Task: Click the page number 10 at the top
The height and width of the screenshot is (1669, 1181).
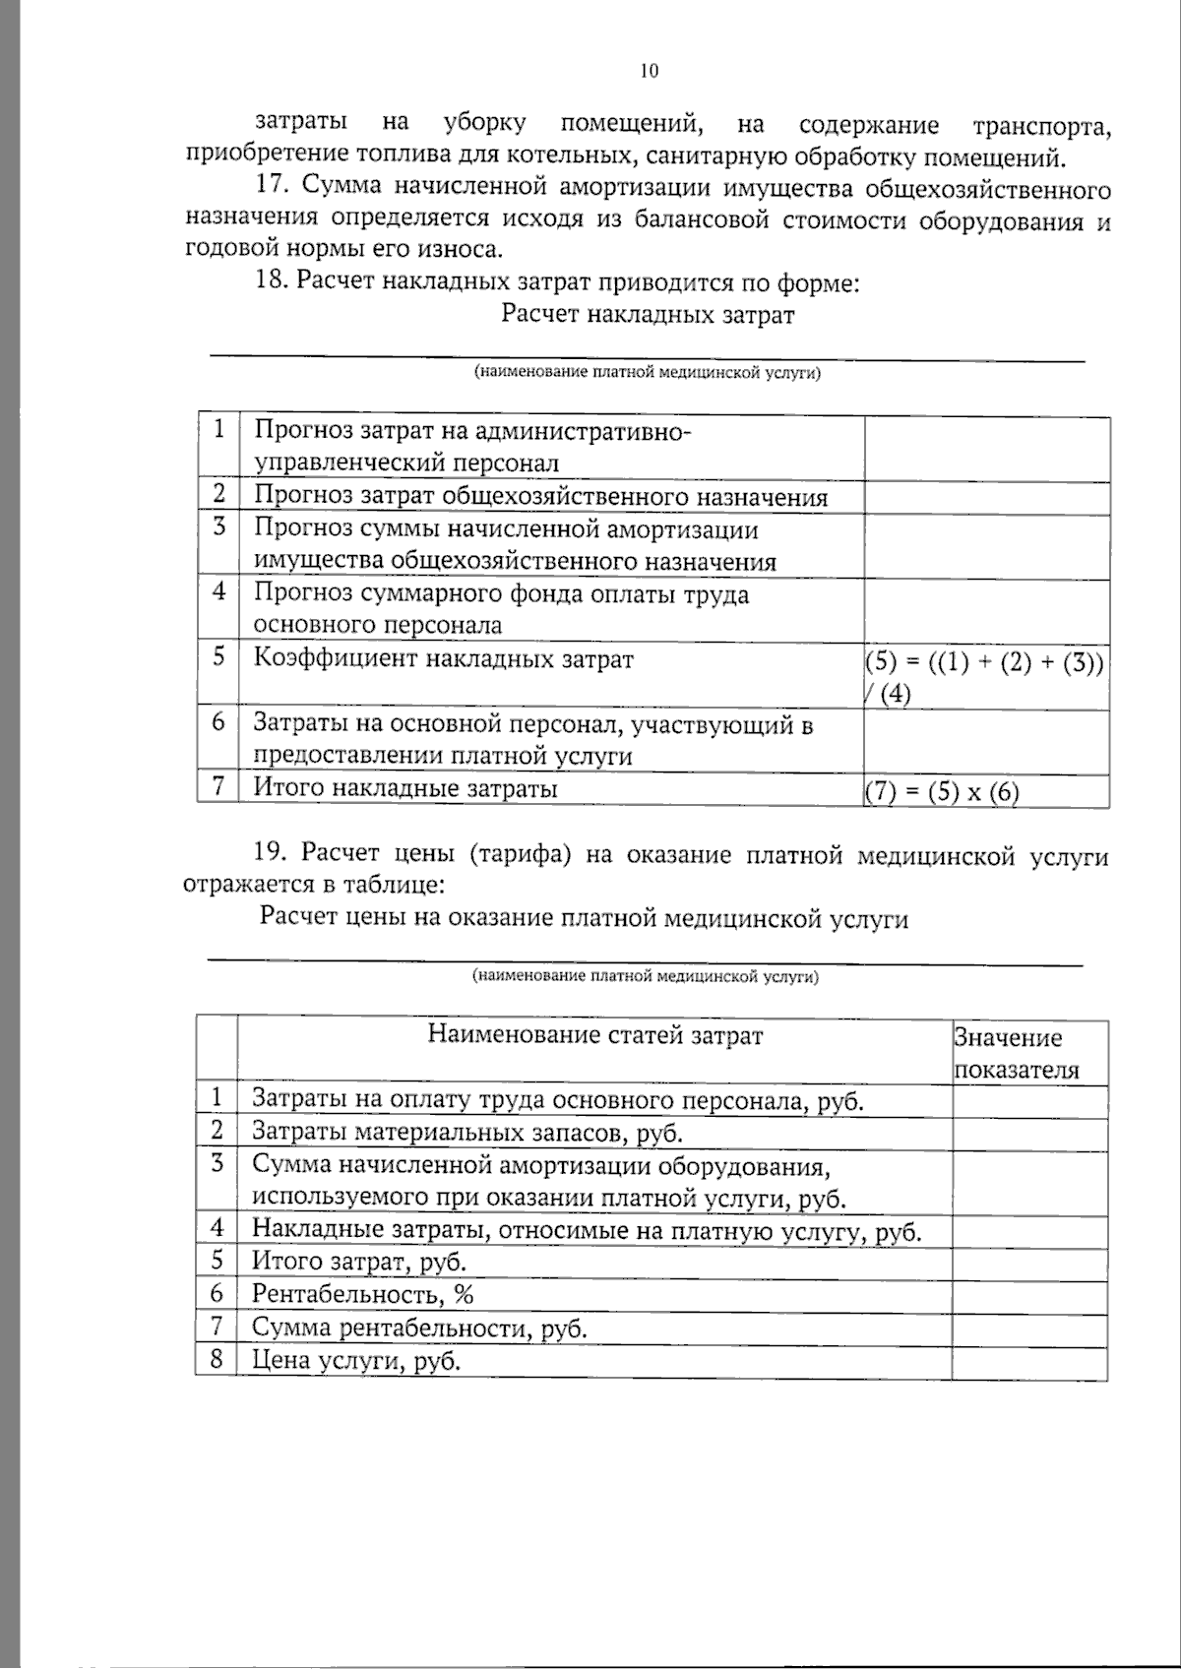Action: click(649, 71)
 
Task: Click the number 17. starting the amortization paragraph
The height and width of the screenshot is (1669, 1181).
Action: click(273, 187)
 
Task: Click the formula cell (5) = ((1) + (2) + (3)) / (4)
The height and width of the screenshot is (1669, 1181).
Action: click(984, 675)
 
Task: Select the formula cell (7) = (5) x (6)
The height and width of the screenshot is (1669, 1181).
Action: click(942, 791)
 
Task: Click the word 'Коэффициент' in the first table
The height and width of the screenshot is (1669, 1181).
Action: click(335, 658)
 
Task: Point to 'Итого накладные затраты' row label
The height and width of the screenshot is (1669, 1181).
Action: click(405, 788)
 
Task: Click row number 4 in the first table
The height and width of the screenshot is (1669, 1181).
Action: click(218, 591)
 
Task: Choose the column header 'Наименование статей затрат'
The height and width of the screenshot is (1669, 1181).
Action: click(594, 1035)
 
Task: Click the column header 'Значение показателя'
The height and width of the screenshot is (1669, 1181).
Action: click(1015, 1054)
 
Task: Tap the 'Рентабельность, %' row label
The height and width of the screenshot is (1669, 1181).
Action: click(363, 1294)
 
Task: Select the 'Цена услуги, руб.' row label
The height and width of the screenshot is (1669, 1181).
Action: click(356, 1361)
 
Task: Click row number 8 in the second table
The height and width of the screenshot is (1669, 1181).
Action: click(217, 1360)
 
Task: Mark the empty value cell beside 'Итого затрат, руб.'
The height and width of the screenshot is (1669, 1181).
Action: click(1028, 1262)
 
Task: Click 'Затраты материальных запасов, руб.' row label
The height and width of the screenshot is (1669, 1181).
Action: click(466, 1132)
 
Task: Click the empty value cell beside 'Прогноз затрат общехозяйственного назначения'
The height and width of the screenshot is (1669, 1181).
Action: click(986, 497)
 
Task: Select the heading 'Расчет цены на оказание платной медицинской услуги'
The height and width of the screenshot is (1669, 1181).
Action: click(584, 918)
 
